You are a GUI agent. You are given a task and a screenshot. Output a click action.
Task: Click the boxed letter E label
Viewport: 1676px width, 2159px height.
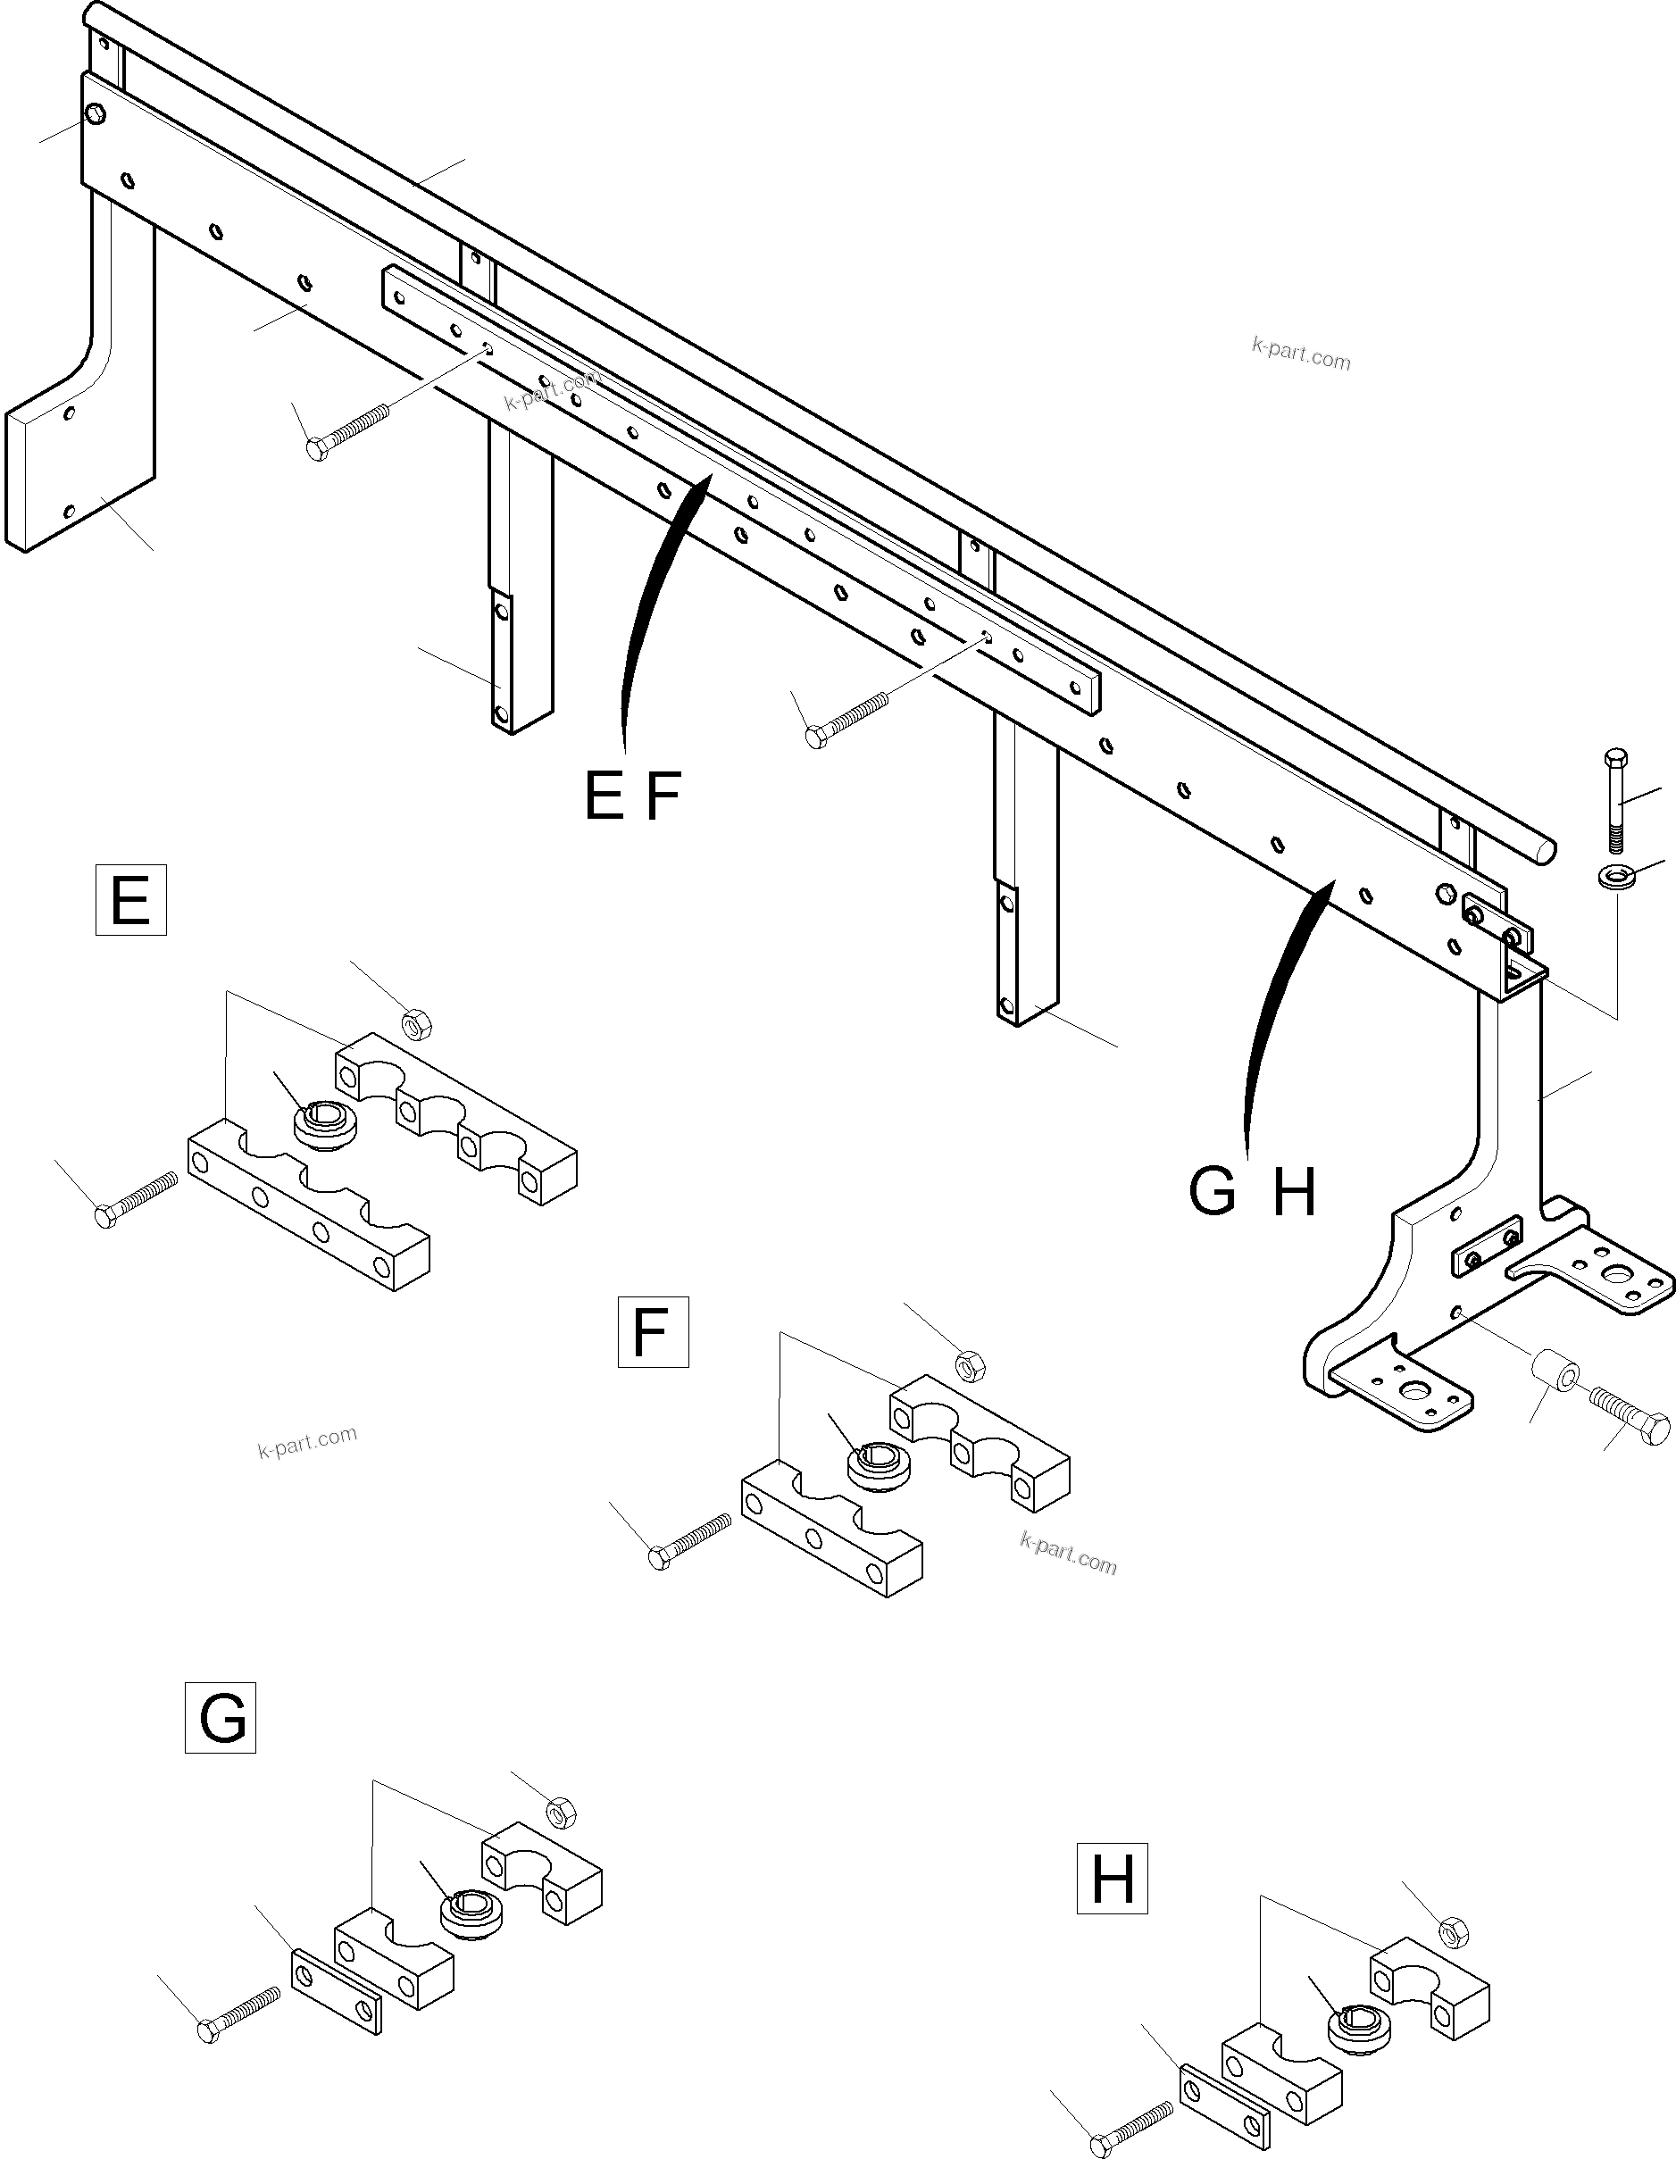click(130, 900)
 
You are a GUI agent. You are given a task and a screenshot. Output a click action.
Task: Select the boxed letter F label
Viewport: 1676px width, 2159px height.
click(653, 1331)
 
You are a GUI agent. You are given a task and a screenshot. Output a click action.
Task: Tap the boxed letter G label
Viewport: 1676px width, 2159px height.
click(221, 1717)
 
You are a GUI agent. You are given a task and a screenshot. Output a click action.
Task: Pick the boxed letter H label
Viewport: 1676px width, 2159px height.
click(1112, 1879)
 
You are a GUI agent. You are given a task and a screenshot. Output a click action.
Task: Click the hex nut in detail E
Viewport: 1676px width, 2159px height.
click(417, 1024)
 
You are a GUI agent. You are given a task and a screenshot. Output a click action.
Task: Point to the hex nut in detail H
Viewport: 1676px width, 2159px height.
click(1451, 1930)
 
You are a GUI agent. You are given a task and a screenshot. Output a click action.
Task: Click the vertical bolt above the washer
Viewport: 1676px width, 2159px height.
click(1614, 801)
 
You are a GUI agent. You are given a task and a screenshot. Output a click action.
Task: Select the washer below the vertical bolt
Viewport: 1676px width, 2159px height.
click(1614, 876)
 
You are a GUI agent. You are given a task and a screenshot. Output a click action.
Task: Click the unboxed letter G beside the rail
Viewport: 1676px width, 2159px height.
click(1213, 1192)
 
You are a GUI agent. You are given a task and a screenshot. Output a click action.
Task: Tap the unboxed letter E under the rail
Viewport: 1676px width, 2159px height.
click(603, 796)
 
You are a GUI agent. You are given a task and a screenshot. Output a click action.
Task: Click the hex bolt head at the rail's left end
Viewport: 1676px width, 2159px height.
click(95, 114)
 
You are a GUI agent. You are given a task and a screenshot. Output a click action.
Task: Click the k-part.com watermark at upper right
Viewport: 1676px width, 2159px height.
click(1300, 353)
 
